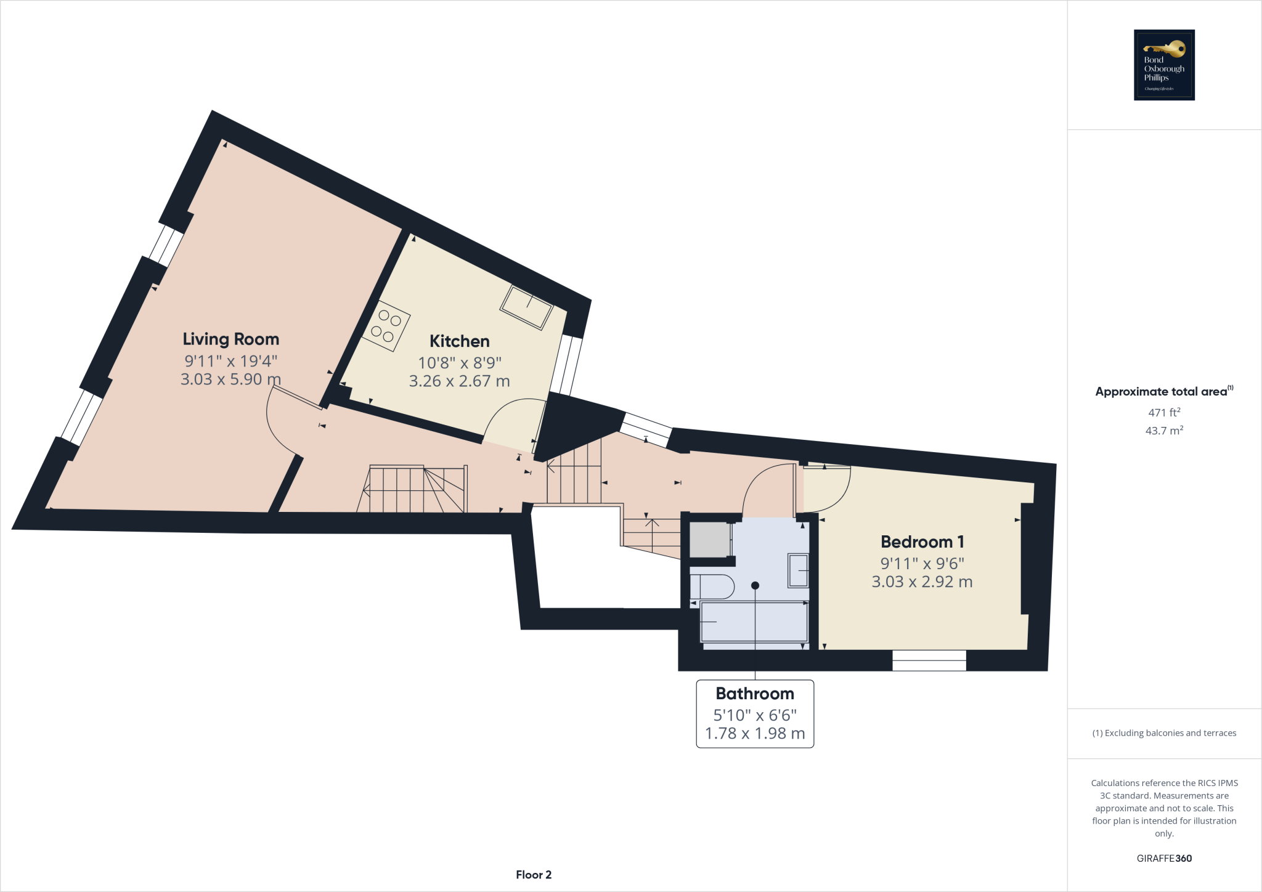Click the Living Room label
[x=230, y=339]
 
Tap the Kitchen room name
[x=459, y=341]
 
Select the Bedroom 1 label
[x=922, y=541]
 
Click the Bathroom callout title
[x=754, y=693]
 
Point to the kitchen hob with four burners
[x=386, y=326]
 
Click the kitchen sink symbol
[x=526, y=307]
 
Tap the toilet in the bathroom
[x=712, y=586]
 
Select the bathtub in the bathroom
[x=754, y=622]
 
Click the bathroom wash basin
[x=798, y=571]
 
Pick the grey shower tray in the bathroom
[x=709, y=540]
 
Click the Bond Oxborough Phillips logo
[x=1164, y=65]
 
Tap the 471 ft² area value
[x=1163, y=412]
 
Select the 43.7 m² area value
[x=1163, y=431]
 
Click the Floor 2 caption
[x=533, y=875]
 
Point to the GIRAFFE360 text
[x=1163, y=858]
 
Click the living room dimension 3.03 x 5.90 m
[x=230, y=379]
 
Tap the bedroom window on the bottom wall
[x=929, y=660]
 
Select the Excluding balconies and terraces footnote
[x=1163, y=733]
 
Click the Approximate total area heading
[x=1161, y=392]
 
